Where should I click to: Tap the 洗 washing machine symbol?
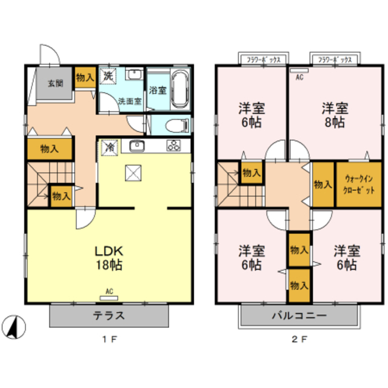(x=107, y=77)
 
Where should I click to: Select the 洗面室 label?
(x=129, y=101)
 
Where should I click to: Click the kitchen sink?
(x=136, y=146)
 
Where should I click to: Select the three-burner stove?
(x=175, y=146)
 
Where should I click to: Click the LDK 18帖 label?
(x=109, y=258)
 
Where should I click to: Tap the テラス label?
(x=109, y=315)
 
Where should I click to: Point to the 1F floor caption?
(x=109, y=340)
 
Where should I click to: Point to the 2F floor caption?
(x=299, y=340)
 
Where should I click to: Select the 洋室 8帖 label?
(x=333, y=115)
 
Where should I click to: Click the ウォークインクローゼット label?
(x=359, y=184)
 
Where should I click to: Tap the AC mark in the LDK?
(x=109, y=292)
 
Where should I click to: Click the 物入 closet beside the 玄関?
(x=84, y=78)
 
